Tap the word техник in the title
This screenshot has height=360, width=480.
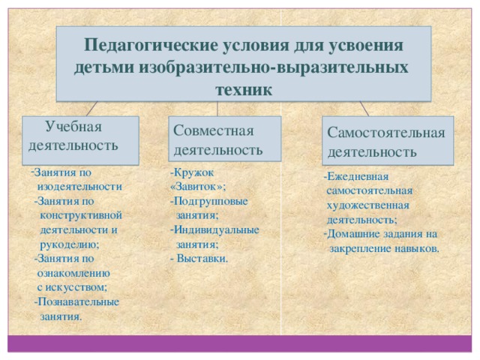(244, 88)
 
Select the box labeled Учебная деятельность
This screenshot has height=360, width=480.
(73, 136)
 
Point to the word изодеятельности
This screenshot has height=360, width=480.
(80, 185)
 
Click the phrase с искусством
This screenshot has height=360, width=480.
(72, 287)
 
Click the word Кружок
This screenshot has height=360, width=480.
(193, 172)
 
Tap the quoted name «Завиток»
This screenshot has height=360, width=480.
(197, 187)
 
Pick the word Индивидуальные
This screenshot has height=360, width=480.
(216, 229)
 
